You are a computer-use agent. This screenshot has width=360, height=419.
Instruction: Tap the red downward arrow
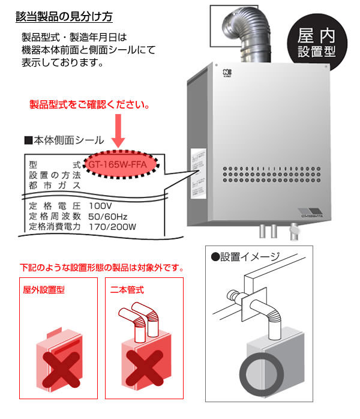pyautogui.click(x=118, y=135)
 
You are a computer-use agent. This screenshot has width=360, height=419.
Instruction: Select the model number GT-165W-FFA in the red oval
pyautogui.click(x=122, y=163)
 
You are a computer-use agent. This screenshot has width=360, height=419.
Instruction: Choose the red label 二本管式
pyautogui.click(x=127, y=289)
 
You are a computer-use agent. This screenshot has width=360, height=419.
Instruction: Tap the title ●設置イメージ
pyautogui.click(x=246, y=257)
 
